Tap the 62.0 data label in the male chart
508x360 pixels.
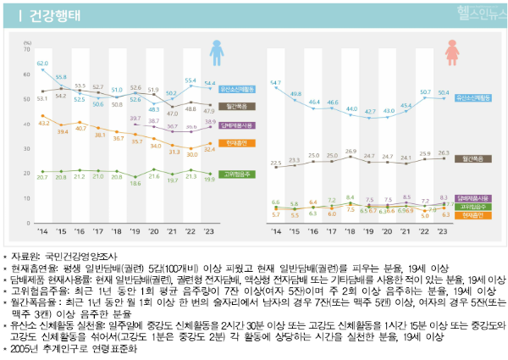pos(42,64)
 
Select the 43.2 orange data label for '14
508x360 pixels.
pos(42,124)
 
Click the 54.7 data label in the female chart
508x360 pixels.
pos(276,83)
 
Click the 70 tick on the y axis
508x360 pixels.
pos(27,51)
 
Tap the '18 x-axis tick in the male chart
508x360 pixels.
pos(116,230)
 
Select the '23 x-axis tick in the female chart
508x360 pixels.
pos(444,230)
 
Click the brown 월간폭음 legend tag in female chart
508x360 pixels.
pos(474,158)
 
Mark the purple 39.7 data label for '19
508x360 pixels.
pos(135,119)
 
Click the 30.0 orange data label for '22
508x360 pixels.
pos(191,155)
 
